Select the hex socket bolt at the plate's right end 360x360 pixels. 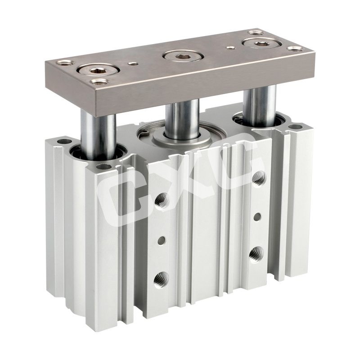pos(260,42)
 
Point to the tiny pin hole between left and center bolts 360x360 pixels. pos(131,63)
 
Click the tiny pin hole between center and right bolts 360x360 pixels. pos(229,48)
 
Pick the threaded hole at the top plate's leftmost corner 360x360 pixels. pos(65,63)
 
